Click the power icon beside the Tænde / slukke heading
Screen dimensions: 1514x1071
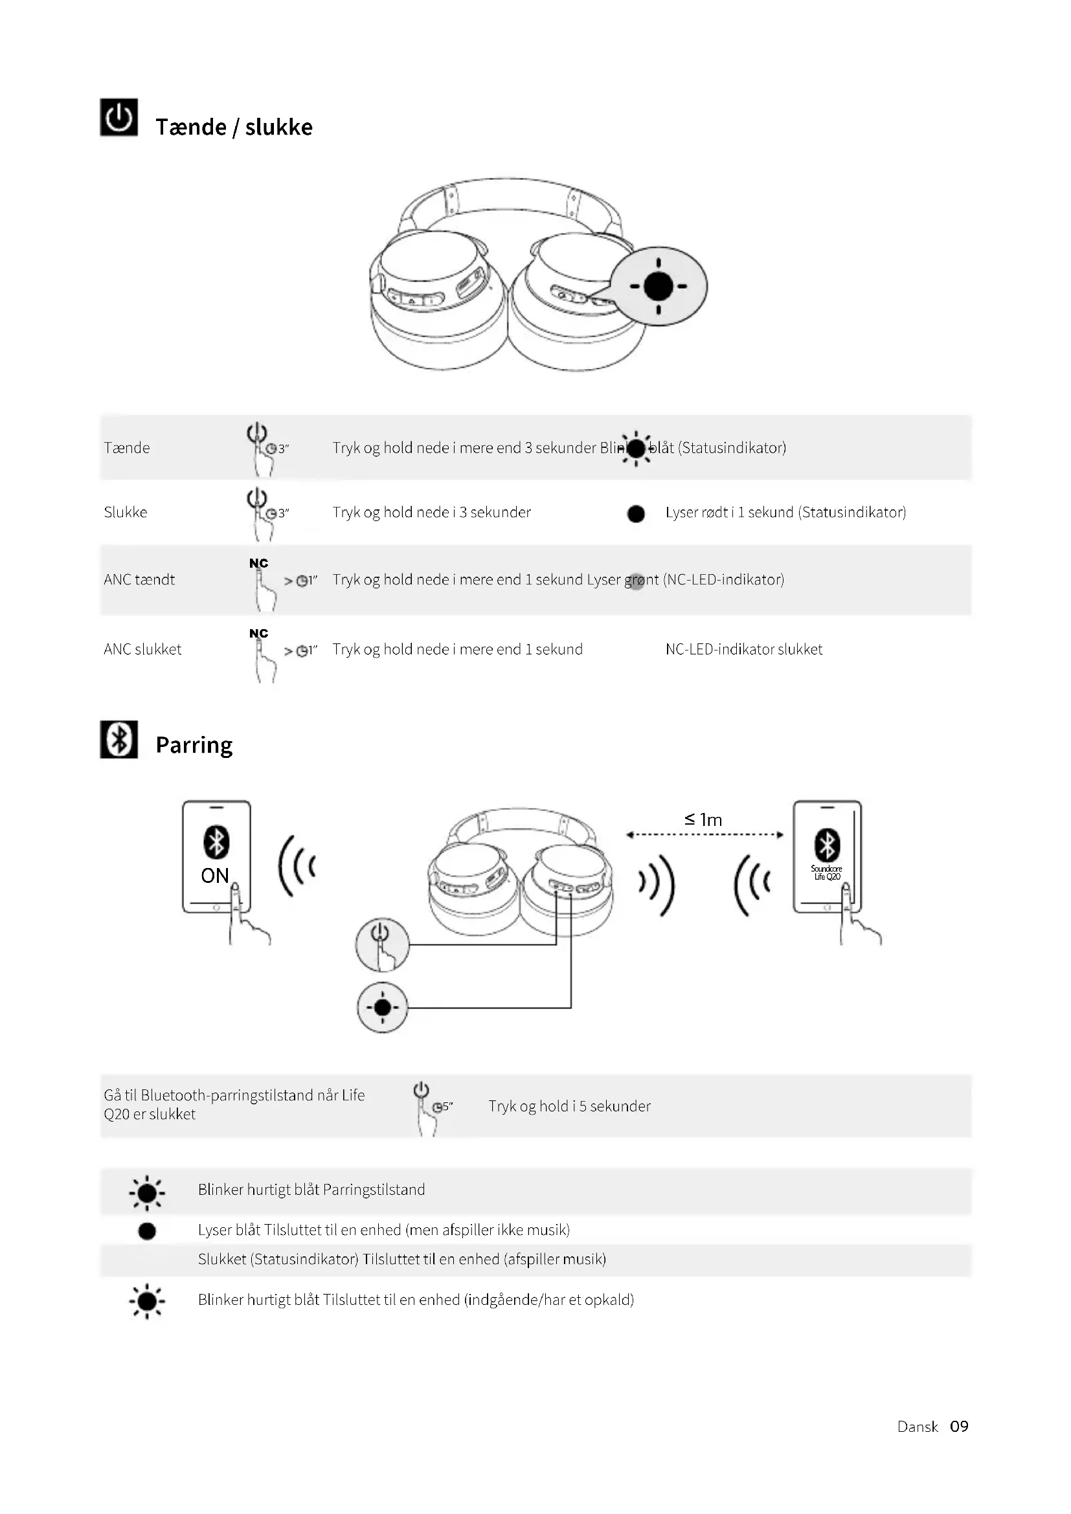tap(118, 117)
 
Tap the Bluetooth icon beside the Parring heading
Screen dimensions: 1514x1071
tap(118, 739)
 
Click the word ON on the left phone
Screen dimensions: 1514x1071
tap(214, 876)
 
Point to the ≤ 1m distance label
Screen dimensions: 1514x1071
tap(703, 819)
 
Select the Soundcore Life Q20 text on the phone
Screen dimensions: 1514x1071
tap(826, 873)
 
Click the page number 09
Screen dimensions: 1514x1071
tap(959, 1427)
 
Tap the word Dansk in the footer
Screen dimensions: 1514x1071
tap(917, 1427)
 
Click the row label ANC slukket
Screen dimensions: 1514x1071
tap(142, 649)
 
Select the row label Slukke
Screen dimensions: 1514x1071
tap(126, 513)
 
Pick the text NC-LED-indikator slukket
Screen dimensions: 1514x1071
tap(743, 649)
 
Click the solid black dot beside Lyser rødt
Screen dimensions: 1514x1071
tap(636, 514)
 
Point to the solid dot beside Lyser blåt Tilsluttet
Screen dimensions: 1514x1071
tap(147, 1231)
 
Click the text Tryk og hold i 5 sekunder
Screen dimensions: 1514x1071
tap(569, 1106)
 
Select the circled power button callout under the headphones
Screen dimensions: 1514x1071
tap(383, 944)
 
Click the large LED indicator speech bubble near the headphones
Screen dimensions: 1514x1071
tap(658, 286)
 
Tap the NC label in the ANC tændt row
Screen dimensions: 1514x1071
tap(258, 563)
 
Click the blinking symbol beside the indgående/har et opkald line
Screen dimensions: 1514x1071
tap(147, 1301)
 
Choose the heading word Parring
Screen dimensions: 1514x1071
tap(194, 745)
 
